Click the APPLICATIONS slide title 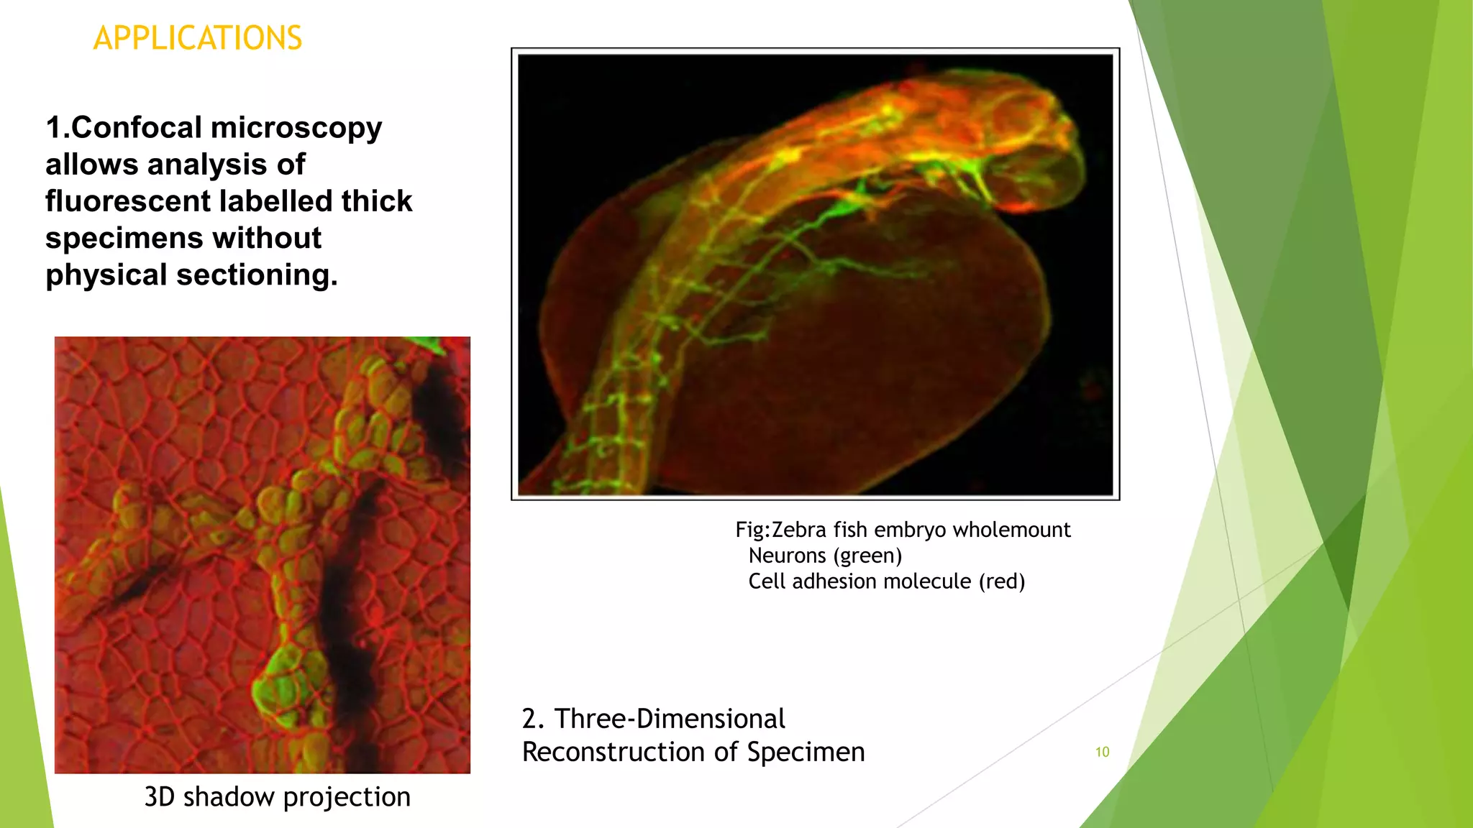pos(198,38)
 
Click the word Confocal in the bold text pos(137,128)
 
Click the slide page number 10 pos(1102,752)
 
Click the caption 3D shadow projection pos(277,796)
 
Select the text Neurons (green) pos(825,556)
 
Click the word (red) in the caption pos(1001,581)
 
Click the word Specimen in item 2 pos(806,752)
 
